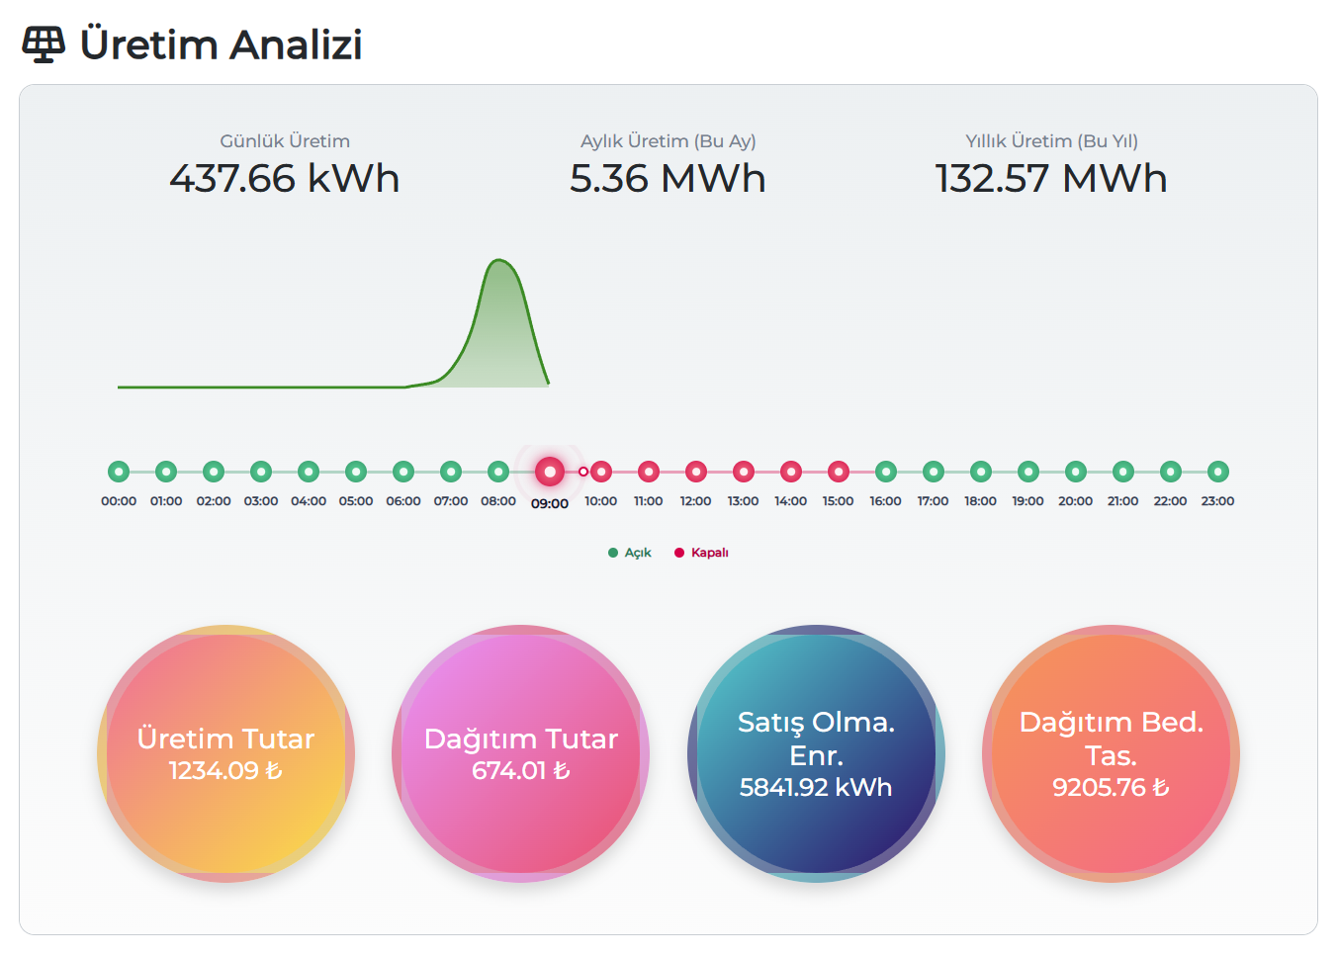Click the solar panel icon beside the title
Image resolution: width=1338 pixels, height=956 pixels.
click(x=44, y=44)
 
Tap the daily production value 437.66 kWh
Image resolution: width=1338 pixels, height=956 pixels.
click(x=285, y=179)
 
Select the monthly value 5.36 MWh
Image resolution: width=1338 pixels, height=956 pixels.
click(x=668, y=179)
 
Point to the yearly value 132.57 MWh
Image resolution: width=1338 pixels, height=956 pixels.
click(x=1051, y=179)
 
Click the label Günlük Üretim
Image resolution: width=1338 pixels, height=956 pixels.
click(x=285, y=141)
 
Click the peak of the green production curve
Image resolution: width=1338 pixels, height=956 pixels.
click(x=499, y=261)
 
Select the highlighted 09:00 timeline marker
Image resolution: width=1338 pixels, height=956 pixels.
click(x=550, y=472)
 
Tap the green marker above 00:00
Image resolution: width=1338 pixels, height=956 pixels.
click(x=119, y=472)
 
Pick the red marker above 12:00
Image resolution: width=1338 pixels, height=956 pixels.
click(x=696, y=472)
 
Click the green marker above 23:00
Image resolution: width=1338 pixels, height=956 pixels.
click(x=1218, y=472)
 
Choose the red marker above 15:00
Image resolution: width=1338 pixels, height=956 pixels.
click(x=839, y=472)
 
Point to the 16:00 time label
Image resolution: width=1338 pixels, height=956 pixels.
click(x=885, y=501)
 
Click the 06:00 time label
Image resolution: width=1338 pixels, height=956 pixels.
click(x=403, y=501)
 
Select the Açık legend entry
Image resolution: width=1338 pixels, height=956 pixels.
click(x=630, y=553)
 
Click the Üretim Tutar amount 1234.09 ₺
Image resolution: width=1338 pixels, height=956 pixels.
click(x=225, y=771)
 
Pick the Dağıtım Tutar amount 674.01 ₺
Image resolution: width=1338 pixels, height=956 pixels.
click(x=520, y=771)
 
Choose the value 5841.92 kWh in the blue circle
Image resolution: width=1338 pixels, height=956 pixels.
click(x=816, y=788)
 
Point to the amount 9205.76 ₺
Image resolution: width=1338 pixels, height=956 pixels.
click(x=1111, y=788)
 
